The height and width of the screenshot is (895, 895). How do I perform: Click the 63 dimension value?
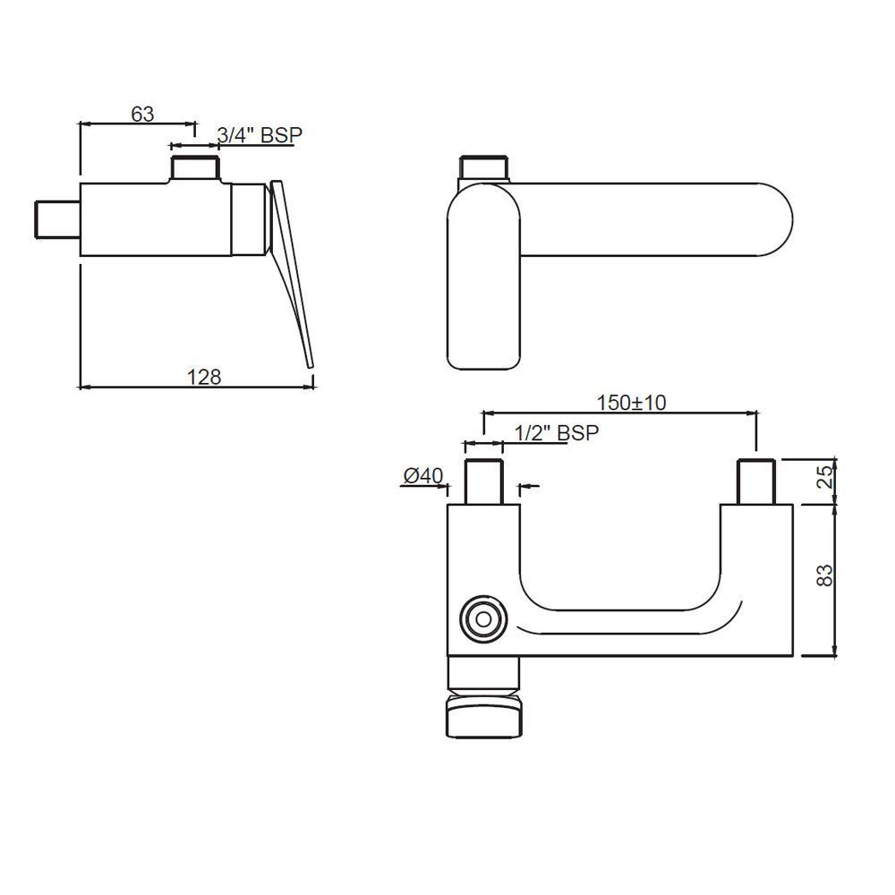[142, 115]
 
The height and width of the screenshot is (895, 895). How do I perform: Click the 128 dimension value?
[204, 377]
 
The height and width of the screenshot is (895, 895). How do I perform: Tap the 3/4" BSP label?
[260, 135]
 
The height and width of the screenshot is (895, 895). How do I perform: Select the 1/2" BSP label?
[557, 432]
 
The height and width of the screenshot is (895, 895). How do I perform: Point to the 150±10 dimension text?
[631, 403]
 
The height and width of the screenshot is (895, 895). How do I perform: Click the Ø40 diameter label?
[423, 475]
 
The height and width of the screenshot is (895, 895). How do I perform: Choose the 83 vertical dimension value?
[825, 575]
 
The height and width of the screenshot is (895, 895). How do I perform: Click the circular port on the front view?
[483, 619]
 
